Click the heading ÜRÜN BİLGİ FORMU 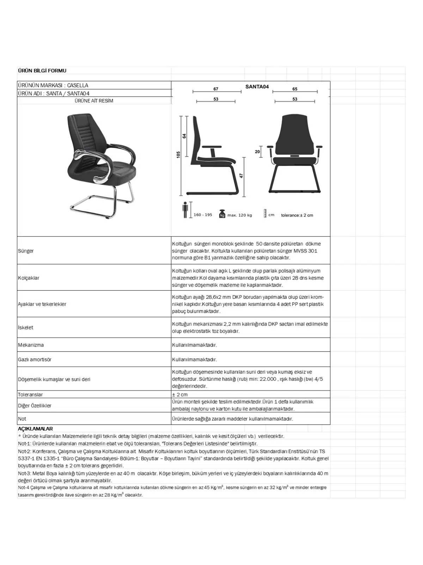pyautogui.click(x=42, y=71)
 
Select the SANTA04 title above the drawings pyautogui.click(x=257, y=87)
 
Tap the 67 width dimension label pyautogui.click(x=216, y=89)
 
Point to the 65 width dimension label pyautogui.click(x=295, y=89)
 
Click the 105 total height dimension pyautogui.click(x=178, y=155)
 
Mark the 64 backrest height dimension pyautogui.click(x=184, y=136)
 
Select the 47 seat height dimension pyautogui.click(x=241, y=176)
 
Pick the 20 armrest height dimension pyautogui.click(x=257, y=152)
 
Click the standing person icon pyautogui.click(x=185, y=210)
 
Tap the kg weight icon pyautogui.click(x=222, y=214)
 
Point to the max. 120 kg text pyautogui.click(x=240, y=215)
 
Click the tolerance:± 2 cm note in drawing pyautogui.click(x=297, y=215)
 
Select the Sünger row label pyautogui.click(x=26, y=251)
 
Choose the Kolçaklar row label pyautogui.click(x=29, y=278)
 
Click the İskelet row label pyautogui.click(x=25, y=327)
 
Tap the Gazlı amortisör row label pyautogui.click(x=35, y=359)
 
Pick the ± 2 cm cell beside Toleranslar pyautogui.click(x=180, y=394)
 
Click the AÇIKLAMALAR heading pyautogui.click(x=35, y=429)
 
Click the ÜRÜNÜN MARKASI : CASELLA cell pyautogui.click(x=53, y=85)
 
